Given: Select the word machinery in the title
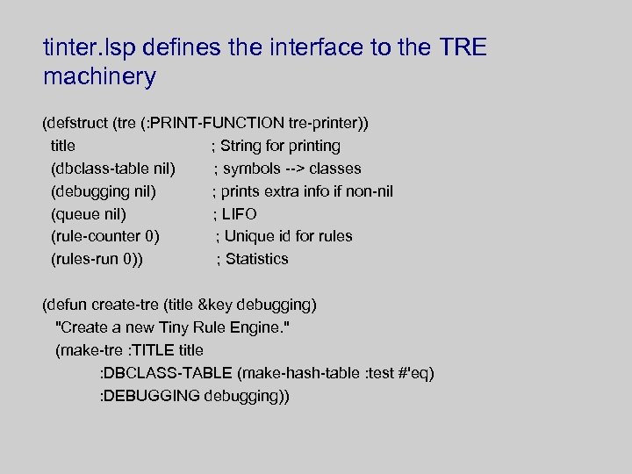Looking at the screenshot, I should (x=99, y=77).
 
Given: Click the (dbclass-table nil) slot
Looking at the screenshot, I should (x=113, y=169).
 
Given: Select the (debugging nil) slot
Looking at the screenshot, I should (x=104, y=191).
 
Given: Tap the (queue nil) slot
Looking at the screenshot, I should (x=89, y=214).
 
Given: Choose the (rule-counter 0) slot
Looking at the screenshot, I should (x=105, y=236).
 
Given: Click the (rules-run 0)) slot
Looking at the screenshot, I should (x=97, y=259).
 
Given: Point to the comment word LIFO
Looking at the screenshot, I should (x=239, y=214).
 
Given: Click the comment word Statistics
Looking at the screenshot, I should (x=256, y=259).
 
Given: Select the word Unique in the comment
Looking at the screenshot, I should (x=249, y=236).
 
